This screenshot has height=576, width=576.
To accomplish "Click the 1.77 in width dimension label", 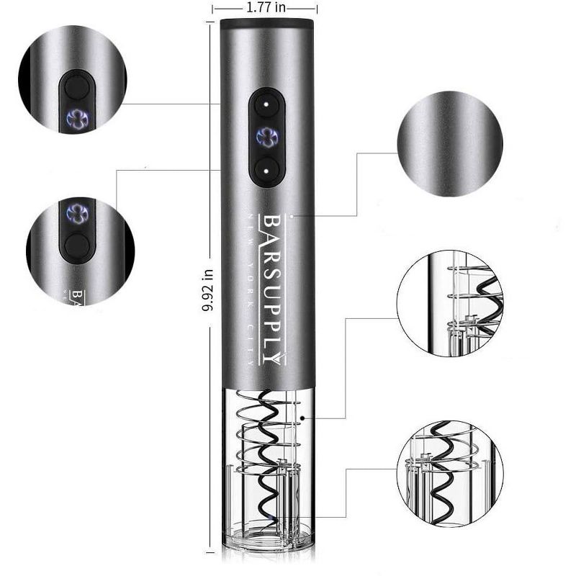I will (266, 8).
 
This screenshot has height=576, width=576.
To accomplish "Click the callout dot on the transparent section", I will (305, 417).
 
